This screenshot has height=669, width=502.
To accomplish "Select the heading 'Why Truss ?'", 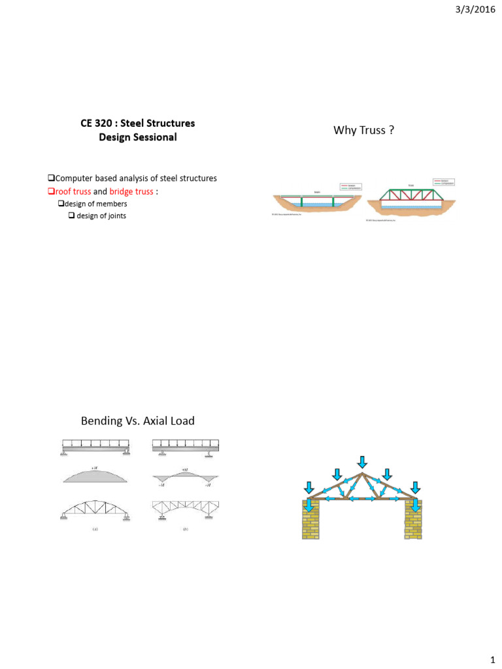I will (x=363, y=131).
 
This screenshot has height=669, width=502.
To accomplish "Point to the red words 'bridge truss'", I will (x=131, y=191).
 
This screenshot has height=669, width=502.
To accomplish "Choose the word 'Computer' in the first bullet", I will (x=75, y=178).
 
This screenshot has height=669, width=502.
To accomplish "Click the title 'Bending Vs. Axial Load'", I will (x=137, y=421).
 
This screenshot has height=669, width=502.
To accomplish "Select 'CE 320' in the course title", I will (x=99, y=123).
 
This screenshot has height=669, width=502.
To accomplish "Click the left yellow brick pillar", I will (x=311, y=521).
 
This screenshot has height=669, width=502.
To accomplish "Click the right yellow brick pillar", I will (x=414, y=521).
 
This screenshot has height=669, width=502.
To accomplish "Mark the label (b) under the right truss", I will (x=186, y=531).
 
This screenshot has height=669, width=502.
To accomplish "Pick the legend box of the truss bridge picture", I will (x=446, y=180).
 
